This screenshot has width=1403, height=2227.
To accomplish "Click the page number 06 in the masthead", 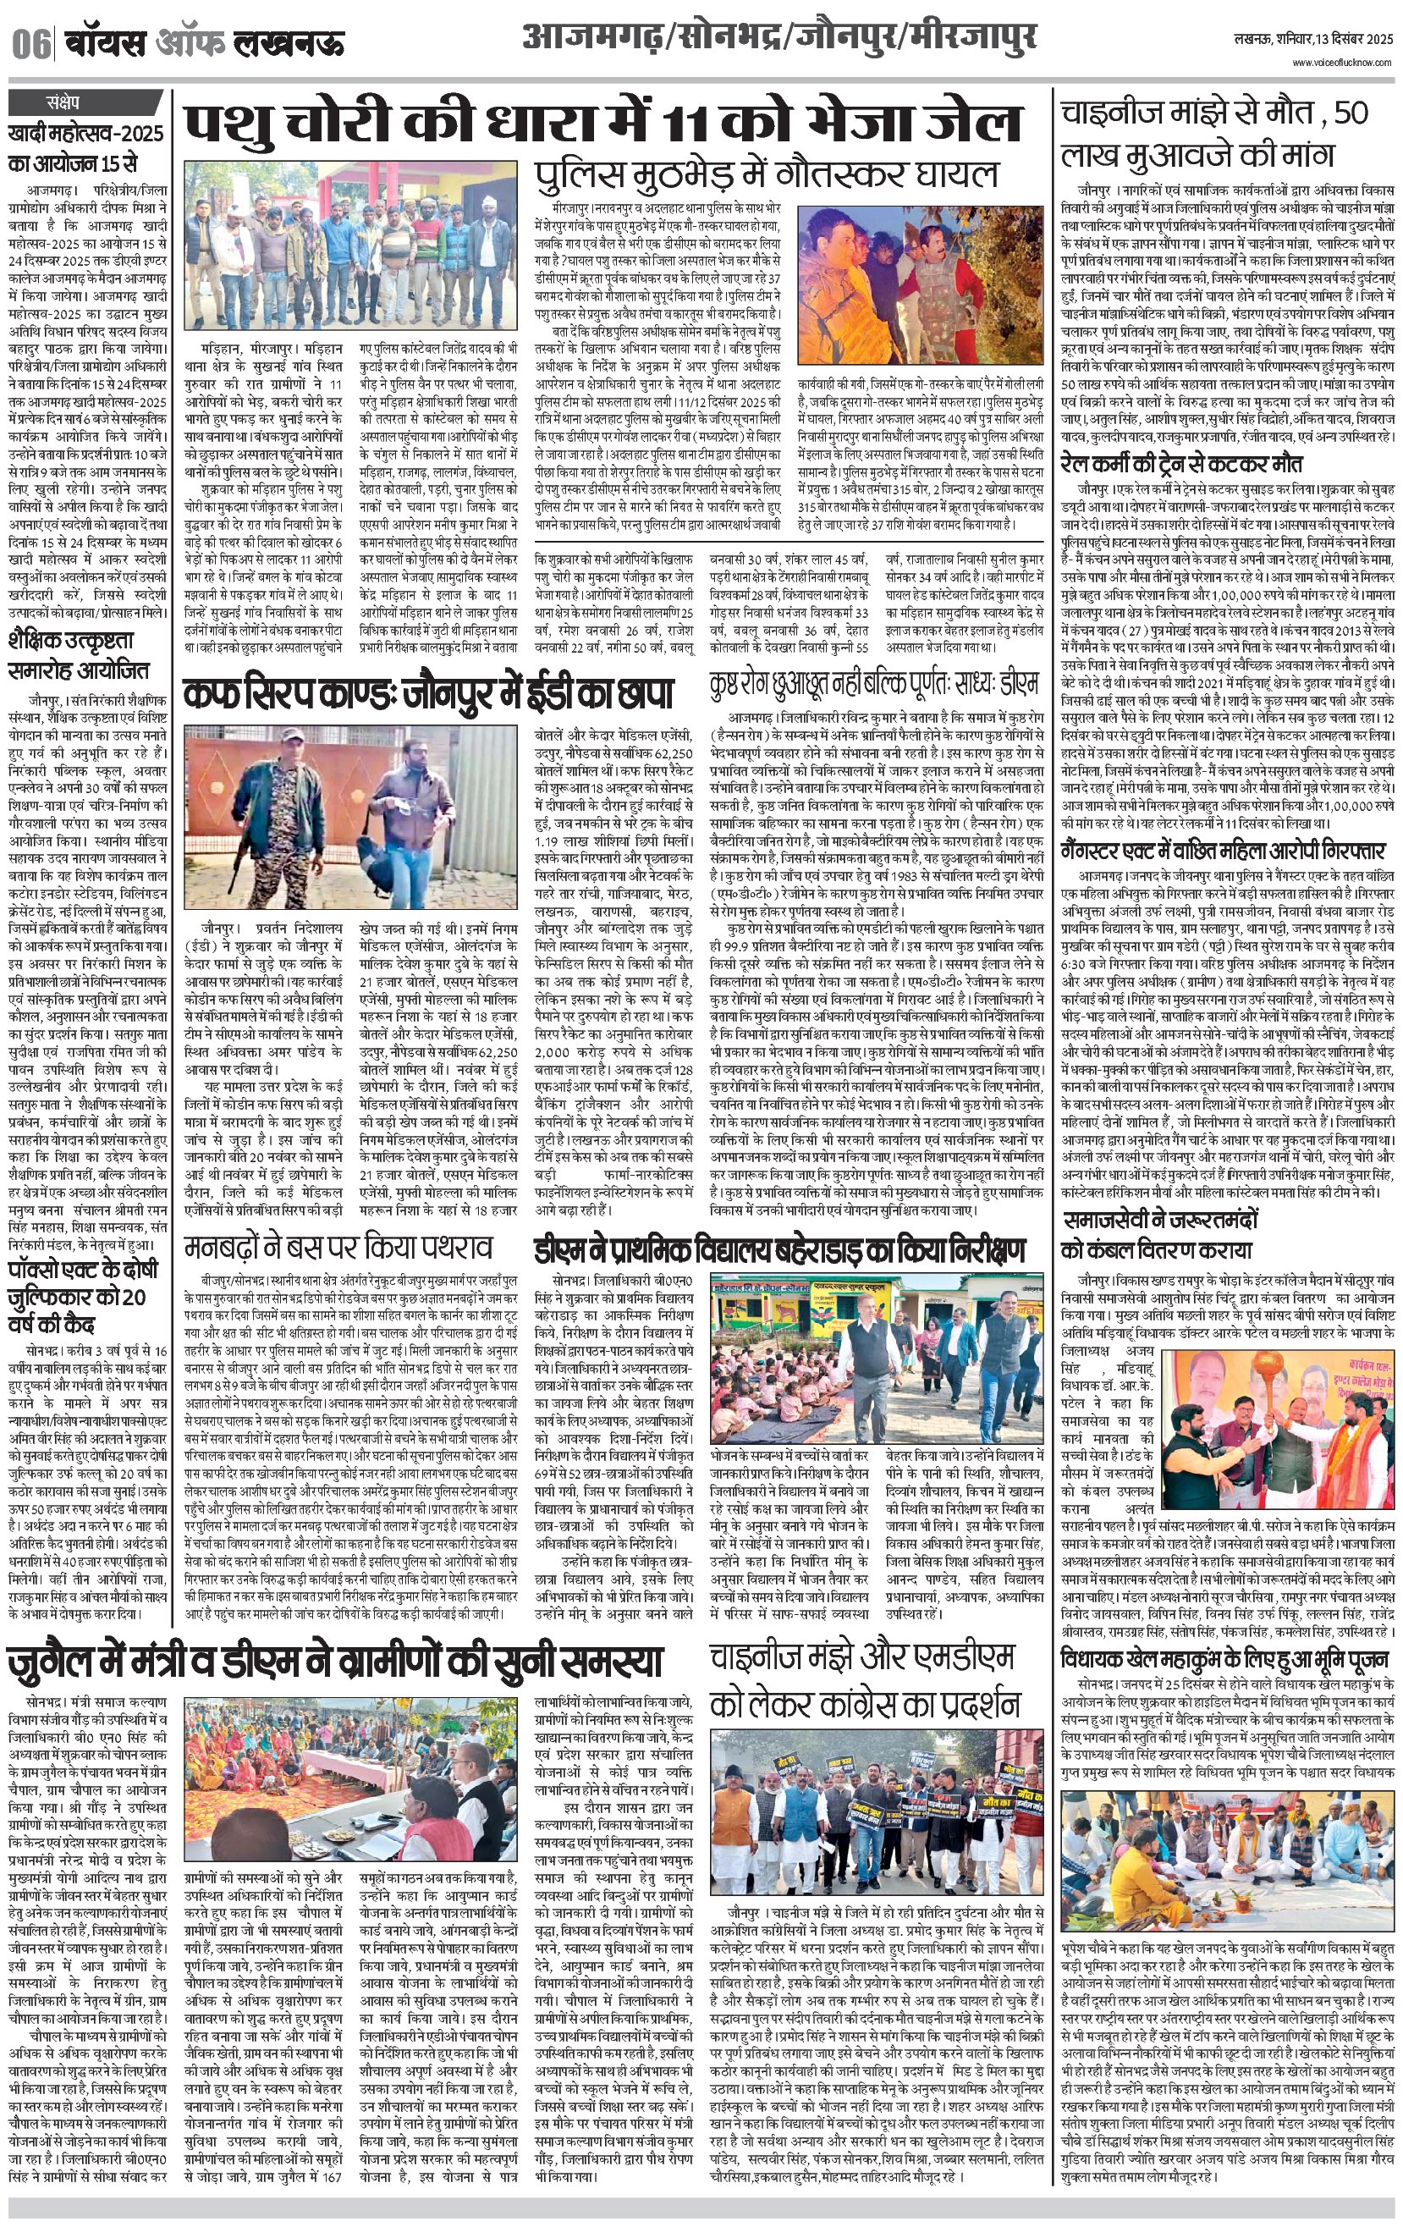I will click(31, 43).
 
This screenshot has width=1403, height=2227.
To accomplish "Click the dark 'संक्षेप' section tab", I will click(65, 102).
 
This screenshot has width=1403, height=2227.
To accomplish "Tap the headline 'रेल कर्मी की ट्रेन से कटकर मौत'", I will click(1181, 464).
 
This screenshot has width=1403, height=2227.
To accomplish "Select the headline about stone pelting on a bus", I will click(338, 1249).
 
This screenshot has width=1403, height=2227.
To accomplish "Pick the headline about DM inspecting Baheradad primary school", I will click(779, 1251).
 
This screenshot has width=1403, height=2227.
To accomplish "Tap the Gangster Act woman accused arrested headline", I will click(1222, 850).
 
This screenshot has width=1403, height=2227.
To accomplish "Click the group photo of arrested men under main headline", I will click(350, 245).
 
